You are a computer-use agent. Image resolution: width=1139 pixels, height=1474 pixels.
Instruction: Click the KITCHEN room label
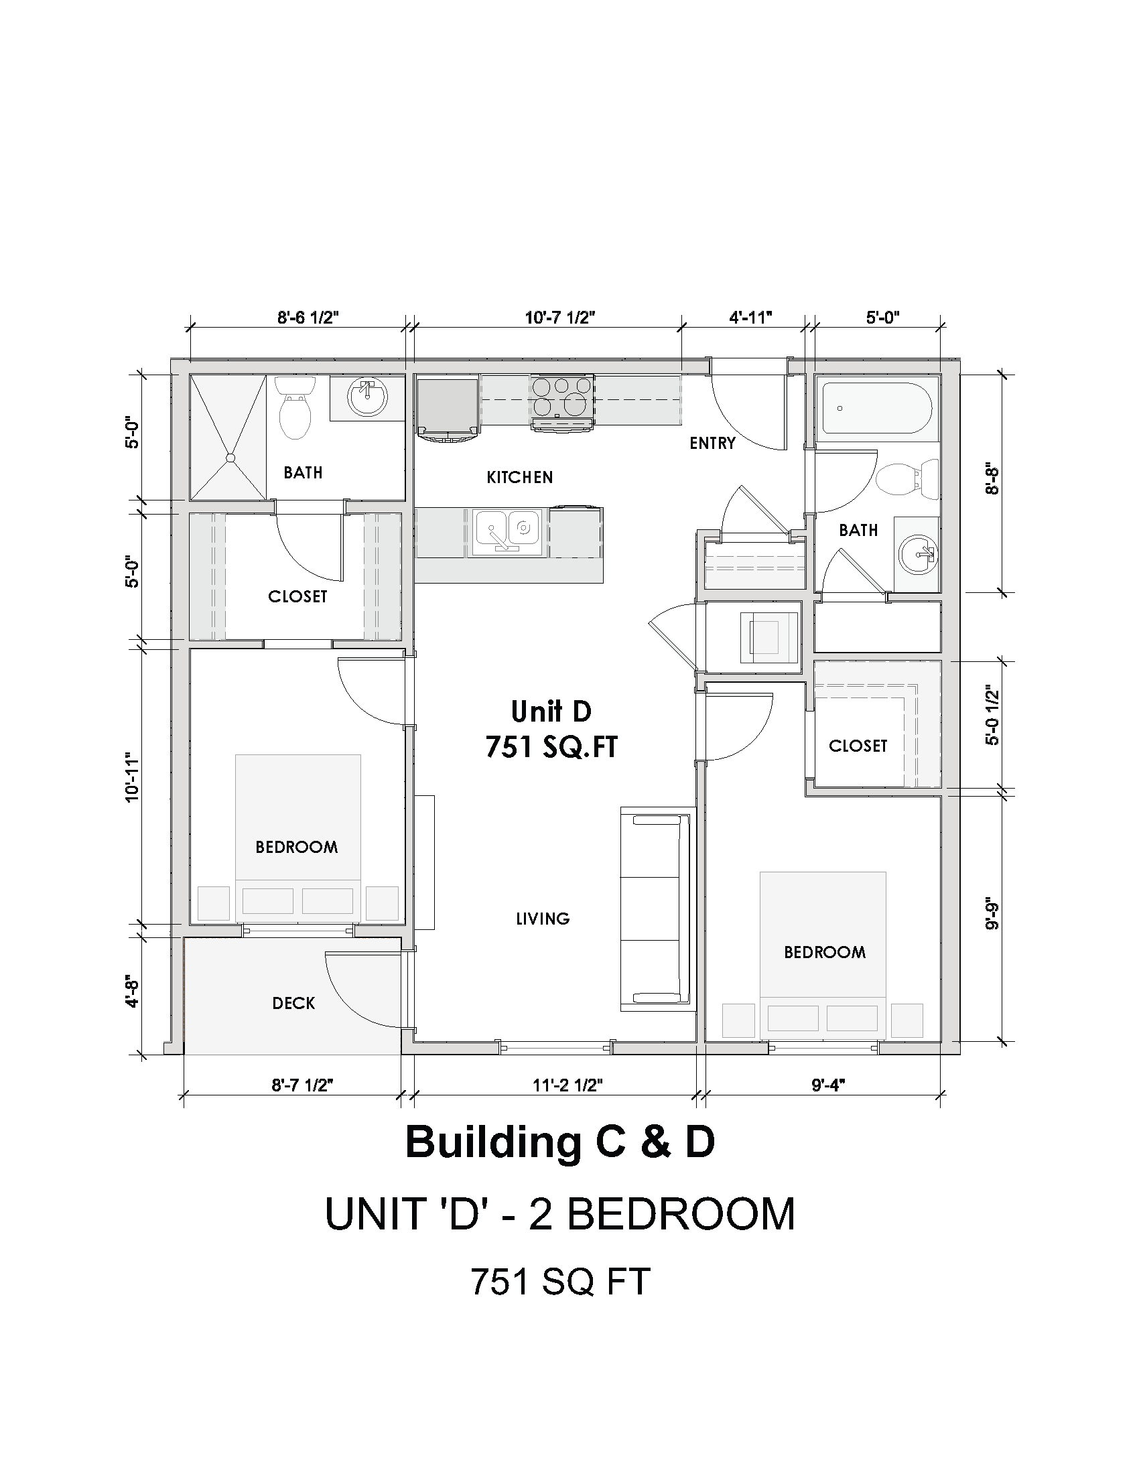(x=519, y=477)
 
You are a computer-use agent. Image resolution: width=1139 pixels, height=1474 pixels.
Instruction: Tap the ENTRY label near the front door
(x=713, y=444)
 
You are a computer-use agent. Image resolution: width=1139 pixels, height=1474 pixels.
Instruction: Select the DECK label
(x=293, y=1004)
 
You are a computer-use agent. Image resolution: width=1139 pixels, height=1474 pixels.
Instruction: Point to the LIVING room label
(x=543, y=919)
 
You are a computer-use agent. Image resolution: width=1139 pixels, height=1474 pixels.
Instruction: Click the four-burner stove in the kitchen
(x=563, y=402)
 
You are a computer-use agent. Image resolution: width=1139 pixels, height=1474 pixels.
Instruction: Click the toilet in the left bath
(x=295, y=407)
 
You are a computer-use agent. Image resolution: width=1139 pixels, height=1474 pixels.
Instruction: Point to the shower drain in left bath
(x=230, y=458)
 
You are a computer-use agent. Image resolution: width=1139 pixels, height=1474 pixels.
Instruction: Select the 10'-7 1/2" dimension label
(x=560, y=317)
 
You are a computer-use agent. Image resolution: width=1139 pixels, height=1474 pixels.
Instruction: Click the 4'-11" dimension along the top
(x=750, y=317)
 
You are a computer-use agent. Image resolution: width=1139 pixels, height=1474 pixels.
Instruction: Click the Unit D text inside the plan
(x=551, y=712)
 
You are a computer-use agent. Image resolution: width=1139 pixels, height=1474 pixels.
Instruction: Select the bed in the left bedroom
(x=297, y=837)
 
